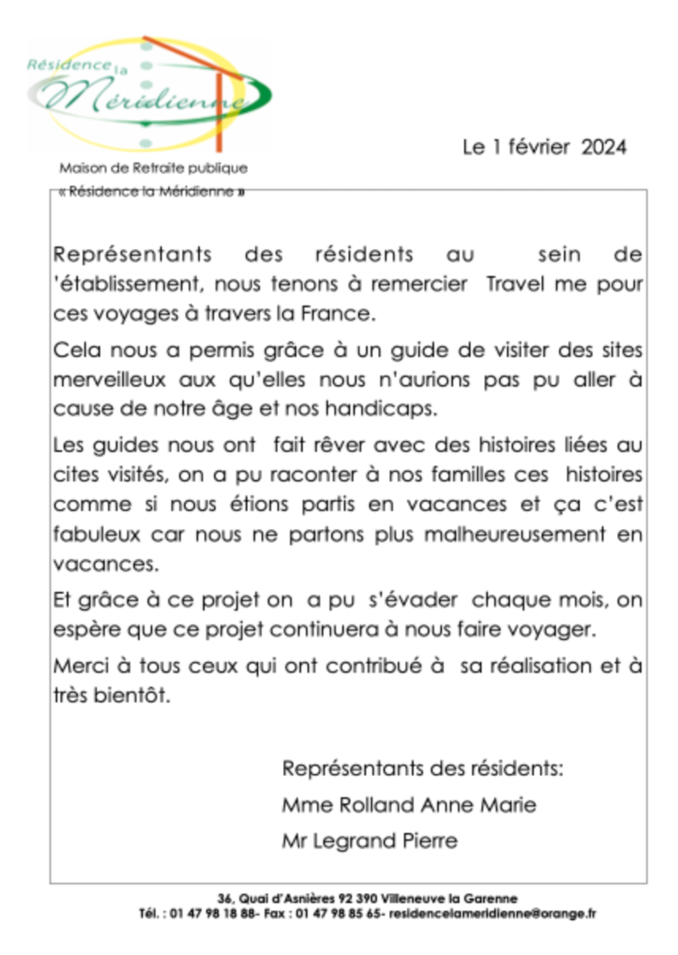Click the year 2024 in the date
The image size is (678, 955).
604,147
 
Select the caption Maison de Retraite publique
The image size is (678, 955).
153,168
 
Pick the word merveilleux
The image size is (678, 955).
109,380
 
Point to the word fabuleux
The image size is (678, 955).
97,534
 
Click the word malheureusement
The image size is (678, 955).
515,534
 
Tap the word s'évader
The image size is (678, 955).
413,600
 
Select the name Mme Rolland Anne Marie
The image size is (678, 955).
409,805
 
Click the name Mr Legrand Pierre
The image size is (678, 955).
370,840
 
